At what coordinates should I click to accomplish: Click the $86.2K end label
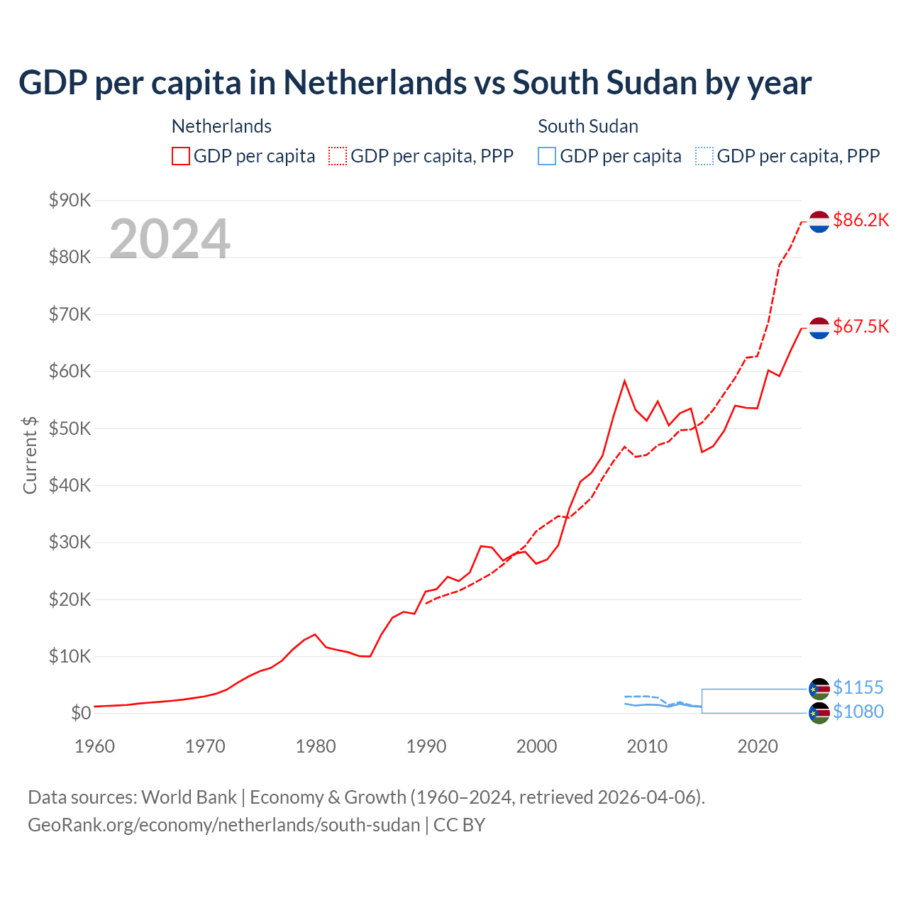coord(860,221)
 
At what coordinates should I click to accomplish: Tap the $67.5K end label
coord(860,326)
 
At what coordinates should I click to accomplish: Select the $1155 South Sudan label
coord(858,687)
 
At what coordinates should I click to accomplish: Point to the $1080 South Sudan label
coord(858,712)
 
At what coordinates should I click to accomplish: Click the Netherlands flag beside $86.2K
coord(819,221)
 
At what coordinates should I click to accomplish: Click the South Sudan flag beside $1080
coord(819,714)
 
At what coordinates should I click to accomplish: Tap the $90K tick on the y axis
coord(70,201)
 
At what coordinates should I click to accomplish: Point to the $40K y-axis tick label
coord(70,486)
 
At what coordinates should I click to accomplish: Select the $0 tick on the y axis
coord(81,714)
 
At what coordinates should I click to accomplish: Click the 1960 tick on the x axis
coord(94,746)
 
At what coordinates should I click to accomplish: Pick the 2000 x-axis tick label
coord(536,746)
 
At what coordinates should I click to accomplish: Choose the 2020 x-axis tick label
coord(758,746)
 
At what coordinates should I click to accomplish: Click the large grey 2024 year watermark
coord(170,239)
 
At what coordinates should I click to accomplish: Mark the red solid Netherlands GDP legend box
coord(181,156)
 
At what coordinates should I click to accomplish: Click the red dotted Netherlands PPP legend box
coord(338,156)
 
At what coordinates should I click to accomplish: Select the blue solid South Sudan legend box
coord(547,156)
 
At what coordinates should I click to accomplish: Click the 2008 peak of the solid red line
coord(624,381)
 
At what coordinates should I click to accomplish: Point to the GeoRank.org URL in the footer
coord(224,825)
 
